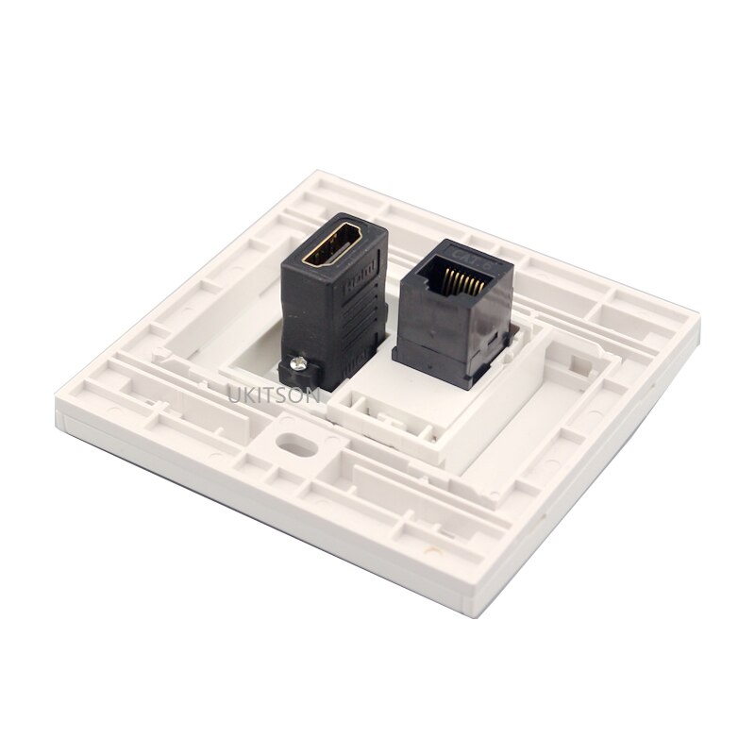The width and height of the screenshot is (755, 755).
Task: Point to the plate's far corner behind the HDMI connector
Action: click(x=318, y=173)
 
